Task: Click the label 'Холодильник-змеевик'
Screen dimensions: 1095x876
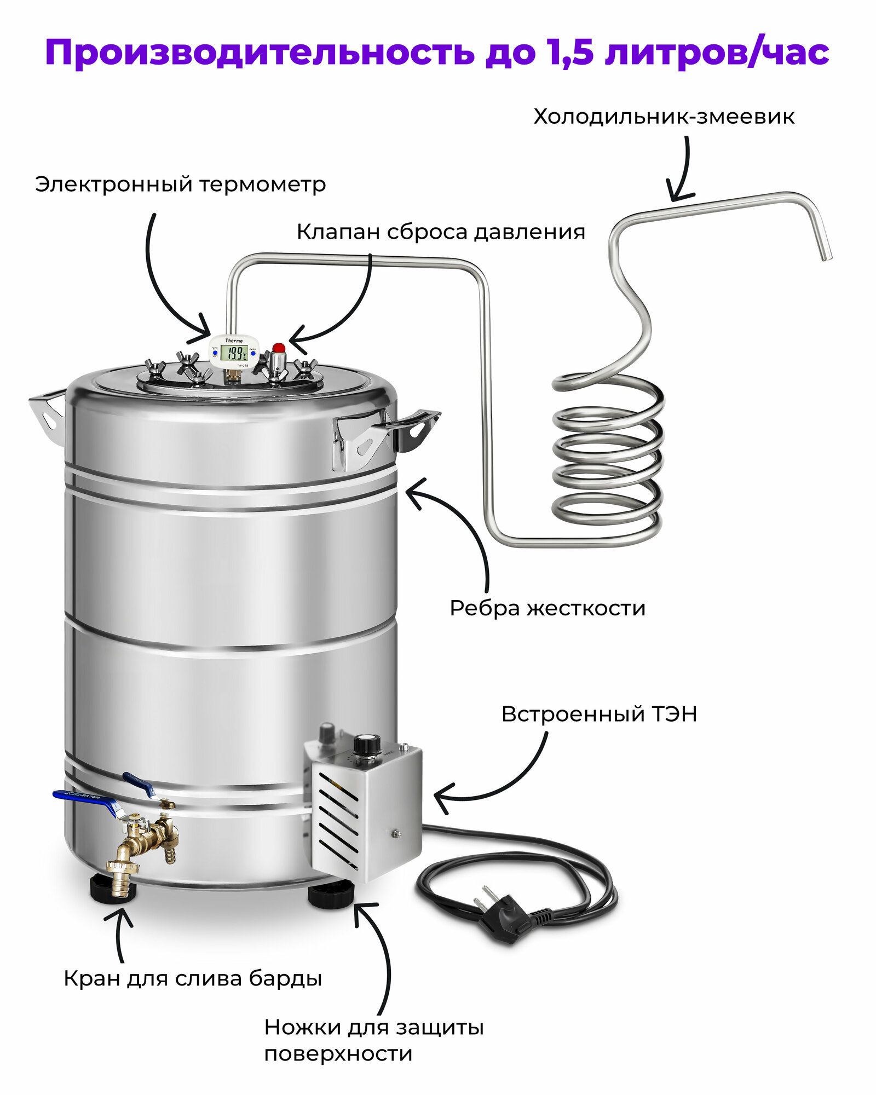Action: coord(664,117)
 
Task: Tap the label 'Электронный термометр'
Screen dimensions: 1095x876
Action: coord(180,185)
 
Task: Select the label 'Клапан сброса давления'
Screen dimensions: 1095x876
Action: coord(441,232)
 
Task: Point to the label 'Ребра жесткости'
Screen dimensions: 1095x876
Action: coord(547,608)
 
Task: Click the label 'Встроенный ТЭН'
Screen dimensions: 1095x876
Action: coord(599,714)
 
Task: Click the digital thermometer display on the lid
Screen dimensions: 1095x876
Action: coord(235,352)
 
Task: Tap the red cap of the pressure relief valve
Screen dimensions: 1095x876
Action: coord(279,348)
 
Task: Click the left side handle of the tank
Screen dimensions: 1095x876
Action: coord(47,411)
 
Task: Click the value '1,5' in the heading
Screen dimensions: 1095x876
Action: coord(569,54)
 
